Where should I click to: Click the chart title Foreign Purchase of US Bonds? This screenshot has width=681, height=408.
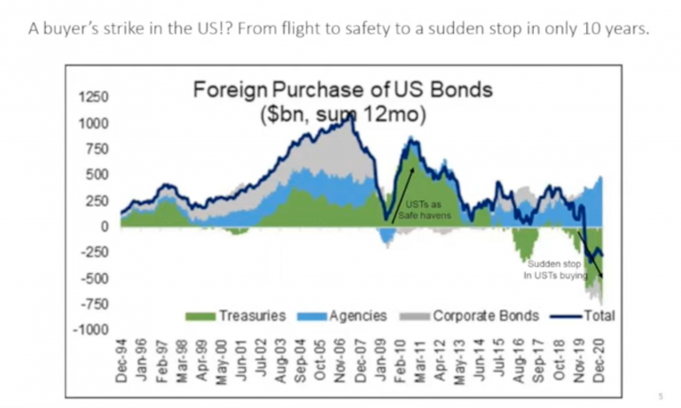coord(343,90)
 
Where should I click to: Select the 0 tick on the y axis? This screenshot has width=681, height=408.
coord(104,226)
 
